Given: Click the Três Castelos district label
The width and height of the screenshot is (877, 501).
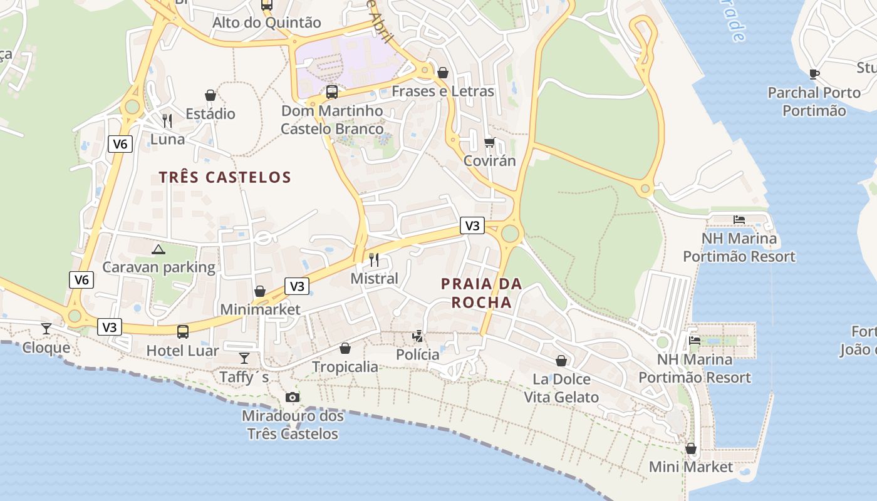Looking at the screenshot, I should [x=225, y=177].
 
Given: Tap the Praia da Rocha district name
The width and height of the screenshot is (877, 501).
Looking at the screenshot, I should [x=481, y=293].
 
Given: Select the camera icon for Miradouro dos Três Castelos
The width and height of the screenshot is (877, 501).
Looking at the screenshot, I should [x=292, y=397].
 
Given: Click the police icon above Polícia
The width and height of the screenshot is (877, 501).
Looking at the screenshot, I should [x=417, y=336].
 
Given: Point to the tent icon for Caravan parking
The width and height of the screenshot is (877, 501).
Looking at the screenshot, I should [x=158, y=249].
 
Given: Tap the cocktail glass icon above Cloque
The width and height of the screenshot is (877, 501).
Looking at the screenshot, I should [x=46, y=329].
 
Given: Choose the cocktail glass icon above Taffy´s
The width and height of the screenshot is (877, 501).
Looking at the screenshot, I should [x=244, y=358].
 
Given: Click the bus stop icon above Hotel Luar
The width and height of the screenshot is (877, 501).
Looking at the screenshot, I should [x=183, y=331].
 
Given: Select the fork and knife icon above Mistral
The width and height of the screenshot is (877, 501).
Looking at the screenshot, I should [x=374, y=259].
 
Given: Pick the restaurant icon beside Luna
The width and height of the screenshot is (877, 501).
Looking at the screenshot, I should [x=167, y=120].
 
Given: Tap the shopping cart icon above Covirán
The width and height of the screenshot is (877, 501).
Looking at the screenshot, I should [x=489, y=142].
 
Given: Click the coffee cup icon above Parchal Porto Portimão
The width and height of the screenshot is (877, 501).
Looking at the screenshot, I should [x=814, y=74].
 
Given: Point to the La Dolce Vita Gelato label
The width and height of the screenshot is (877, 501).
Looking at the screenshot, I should [x=561, y=388].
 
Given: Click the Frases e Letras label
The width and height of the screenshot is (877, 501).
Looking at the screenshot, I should [x=443, y=91].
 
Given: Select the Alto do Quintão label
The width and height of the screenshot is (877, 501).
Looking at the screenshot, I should [x=267, y=23].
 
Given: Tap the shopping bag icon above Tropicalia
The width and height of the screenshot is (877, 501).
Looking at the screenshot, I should [x=345, y=348].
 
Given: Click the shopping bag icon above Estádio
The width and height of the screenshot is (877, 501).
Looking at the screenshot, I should [x=210, y=95].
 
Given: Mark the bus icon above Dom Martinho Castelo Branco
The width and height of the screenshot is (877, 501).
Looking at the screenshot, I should [x=332, y=92].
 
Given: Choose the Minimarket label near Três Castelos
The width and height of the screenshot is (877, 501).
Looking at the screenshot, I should [x=260, y=309].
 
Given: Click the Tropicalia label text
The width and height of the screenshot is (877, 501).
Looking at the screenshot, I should [x=345, y=367].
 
